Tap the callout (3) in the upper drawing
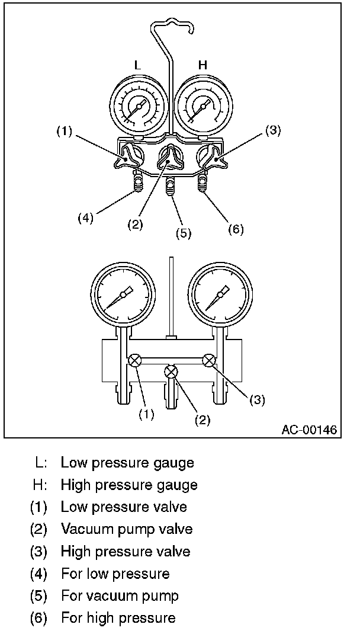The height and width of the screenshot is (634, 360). [272, 131]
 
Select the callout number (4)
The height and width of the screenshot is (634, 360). [86, 217]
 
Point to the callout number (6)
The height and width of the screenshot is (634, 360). [236, 229]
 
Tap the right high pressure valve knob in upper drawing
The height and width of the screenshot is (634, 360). [211, 158]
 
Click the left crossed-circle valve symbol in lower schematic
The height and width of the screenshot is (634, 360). [134, 360]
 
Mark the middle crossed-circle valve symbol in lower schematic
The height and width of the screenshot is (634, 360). [171, 372]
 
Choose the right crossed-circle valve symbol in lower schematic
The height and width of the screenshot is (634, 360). [208, 360]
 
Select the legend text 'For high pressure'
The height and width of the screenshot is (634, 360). [118, 618]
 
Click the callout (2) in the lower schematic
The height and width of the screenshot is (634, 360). [202, 420]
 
